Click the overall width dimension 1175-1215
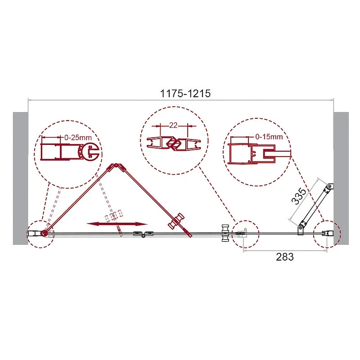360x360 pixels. pyautogui.click(x=185, y=94)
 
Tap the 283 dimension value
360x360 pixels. pyautogui.click(x=285, y=256)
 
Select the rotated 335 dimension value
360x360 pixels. pyautogui.click(x=299, y=196)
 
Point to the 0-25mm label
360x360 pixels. pyautogui.click(x=78, y=138)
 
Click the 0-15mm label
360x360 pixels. pyautogui.click(x=269, y=137)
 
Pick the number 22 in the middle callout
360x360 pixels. pyautogui.click(x=173, y=126)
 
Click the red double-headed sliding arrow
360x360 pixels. pyautogui.click(x=117, y=224)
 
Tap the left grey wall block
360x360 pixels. pyautogui.click(x=20, y=178)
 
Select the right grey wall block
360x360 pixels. pyautogui.click(x=341, y=178)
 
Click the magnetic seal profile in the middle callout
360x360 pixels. pyautogui.click(x=174, y=144)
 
